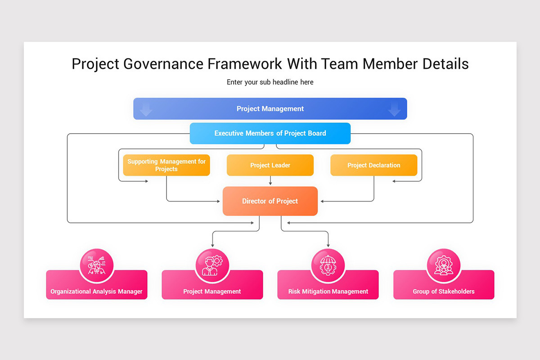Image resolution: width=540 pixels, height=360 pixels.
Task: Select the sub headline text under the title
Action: pyautogui.click(x=270, y=82)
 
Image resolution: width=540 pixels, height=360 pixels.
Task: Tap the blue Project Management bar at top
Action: pyautogui.click(x=270, y=109)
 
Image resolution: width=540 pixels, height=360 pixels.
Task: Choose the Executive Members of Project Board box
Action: pyautogui.click(x=270, y=133)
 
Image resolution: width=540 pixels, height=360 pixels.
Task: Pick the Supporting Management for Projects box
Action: pyautogui.click(x=166, y=165)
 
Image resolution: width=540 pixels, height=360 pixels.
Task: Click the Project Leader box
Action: pyautogui.click(x=270, y=165)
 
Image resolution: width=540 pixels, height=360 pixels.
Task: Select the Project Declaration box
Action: pyautogui.click(x=373, y=165)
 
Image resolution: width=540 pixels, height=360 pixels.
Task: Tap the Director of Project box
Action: pyautogui.click(x=270, y=201)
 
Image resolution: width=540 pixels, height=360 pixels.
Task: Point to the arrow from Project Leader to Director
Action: pyautogui.click(x=270, y=181)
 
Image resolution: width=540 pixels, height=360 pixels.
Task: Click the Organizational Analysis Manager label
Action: pyautogui.click(x=96, y=291)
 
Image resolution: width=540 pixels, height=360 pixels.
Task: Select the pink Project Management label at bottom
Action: pyautogui.click(x=212, y=291)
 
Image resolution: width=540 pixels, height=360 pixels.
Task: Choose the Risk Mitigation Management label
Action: pyautogui.click(x=328, y=291)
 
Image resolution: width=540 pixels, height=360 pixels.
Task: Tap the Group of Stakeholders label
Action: pyautogui.click(x=444, y=291)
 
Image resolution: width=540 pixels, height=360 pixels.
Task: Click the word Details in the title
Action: pyautogui.click(x=445, y=64)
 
